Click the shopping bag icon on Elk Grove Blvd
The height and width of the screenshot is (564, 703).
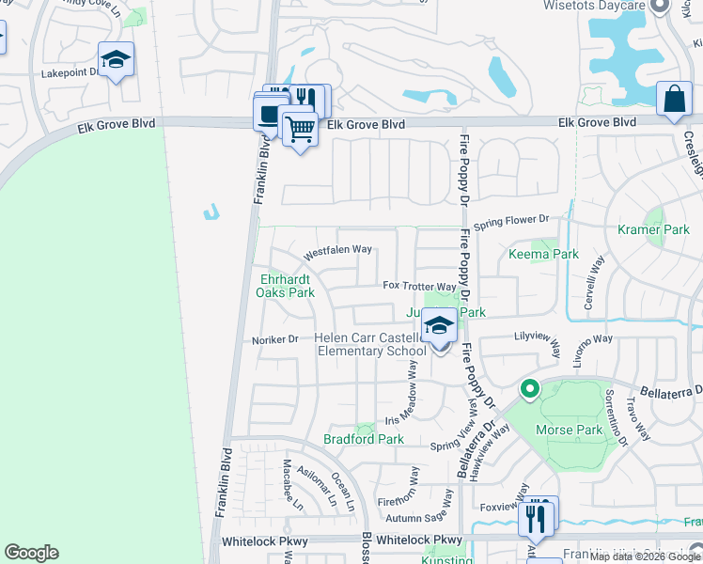pos(674,100)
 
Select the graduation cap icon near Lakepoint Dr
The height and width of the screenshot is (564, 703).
pos(117,60)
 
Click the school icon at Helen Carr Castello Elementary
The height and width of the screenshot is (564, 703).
pos(439,326)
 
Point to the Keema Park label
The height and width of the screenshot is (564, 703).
pos(542,254)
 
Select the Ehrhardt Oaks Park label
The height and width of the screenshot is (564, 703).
pos(287,286)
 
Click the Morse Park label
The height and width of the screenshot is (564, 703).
pos(567,430)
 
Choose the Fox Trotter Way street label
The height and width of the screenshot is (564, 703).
pos(419,286)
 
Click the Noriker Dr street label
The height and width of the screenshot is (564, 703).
pos(274,339)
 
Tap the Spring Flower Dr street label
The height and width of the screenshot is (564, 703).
pos(510,221)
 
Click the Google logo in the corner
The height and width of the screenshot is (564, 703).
pos(31,553)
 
